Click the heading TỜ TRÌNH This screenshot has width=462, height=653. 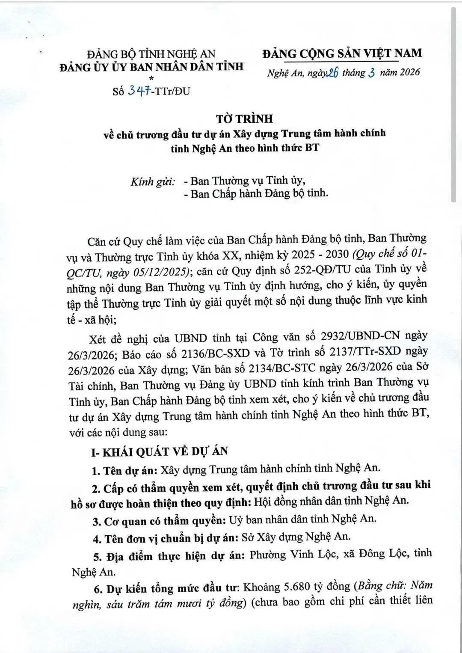[244, 119]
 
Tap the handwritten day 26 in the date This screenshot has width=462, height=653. [332, 73]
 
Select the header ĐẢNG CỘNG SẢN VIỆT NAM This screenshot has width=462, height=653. [342, 53]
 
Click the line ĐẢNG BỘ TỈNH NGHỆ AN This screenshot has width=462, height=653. [151, 54]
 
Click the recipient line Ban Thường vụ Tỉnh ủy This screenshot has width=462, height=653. [248, 181]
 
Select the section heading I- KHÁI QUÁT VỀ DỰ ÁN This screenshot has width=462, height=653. [160, 451]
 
